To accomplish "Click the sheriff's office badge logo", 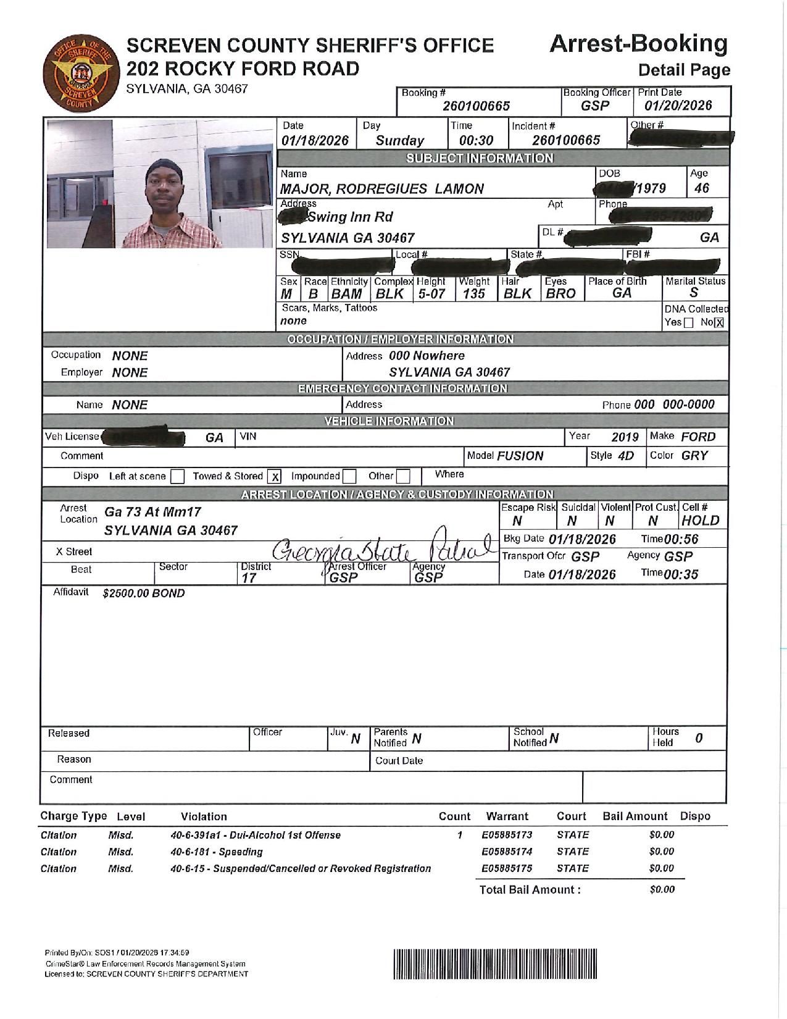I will point(78,73).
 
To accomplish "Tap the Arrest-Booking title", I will point(638,44).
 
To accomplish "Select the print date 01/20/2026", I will point(678,106).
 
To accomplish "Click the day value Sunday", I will point(399,141).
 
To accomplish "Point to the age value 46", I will point(702,188).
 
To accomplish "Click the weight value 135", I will point(474,294).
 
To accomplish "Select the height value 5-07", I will point(431,294).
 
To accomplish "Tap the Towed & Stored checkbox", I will point(275,477).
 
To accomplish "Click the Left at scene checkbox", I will point(177,477).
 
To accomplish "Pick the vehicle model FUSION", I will point(520,456).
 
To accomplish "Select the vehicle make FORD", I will point(698,437).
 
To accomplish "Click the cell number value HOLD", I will point(701,521).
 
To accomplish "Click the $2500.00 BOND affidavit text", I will point(144,593).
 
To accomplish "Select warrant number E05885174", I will point(507,852).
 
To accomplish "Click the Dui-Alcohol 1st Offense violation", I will point(256,835).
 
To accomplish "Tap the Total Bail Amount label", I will point(530,890).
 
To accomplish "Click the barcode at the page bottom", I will point(496,963).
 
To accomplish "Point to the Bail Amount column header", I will point(635,816).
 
